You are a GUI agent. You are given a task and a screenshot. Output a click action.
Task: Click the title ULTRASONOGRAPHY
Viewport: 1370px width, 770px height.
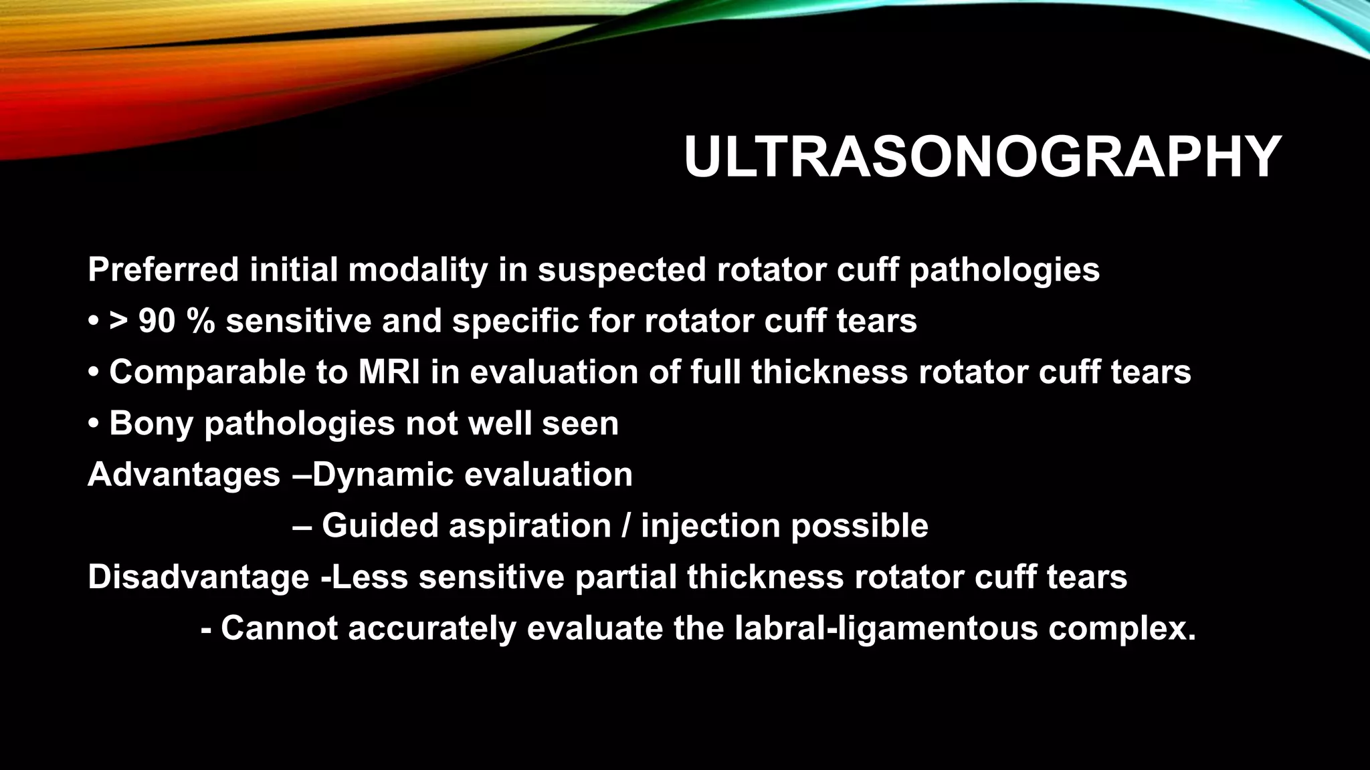[982, 158]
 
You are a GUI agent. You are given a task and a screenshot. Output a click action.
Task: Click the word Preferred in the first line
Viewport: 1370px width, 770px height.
[163, 271]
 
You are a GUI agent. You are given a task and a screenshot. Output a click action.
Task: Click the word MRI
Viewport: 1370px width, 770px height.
[389, 372]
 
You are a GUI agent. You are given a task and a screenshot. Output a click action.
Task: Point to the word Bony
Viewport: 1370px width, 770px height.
[151, 424]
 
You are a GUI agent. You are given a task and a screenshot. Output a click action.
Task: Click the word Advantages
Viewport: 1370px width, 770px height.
[184, 475]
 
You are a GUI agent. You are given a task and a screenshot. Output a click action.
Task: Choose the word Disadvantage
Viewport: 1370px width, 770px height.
[198, 577]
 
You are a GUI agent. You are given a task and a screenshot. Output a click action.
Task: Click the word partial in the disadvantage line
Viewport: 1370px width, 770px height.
[625, 577]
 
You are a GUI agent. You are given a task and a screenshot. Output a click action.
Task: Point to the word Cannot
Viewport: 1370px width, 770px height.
[279, 629]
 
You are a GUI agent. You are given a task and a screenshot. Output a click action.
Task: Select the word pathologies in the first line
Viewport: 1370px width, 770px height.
[1004, 271]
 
